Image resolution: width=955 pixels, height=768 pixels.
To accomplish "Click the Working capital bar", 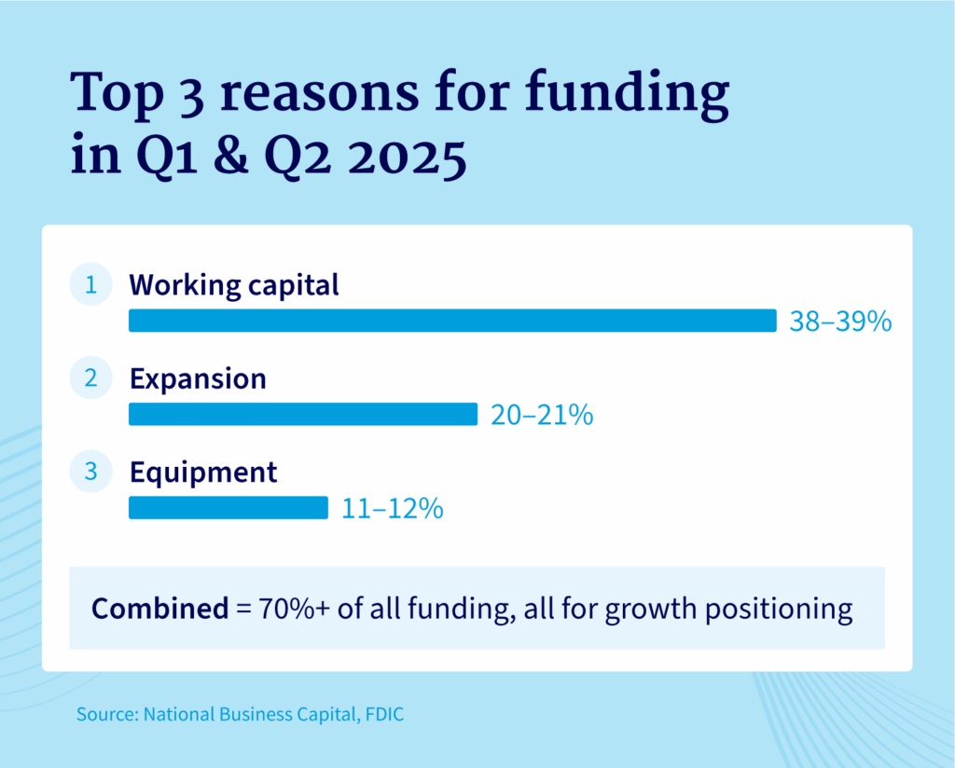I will (x=452, y=321).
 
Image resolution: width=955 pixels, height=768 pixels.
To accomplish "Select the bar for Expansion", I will (x=302, y=414).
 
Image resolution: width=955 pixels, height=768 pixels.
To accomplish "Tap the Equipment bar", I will (x=228, y=507).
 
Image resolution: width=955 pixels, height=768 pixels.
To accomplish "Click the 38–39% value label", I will (x=841, y=322).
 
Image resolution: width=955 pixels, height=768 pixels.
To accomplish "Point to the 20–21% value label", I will (x=542, y=415).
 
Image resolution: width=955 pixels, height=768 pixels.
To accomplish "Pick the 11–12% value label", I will (x=392, y=509).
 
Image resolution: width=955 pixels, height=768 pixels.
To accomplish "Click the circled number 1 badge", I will (x=90, y=285).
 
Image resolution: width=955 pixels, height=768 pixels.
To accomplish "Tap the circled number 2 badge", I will (x=90, y=378).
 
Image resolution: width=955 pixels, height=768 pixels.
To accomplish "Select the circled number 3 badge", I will (x=90, y=472).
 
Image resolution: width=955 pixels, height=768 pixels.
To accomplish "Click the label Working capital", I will (x=234, y=285).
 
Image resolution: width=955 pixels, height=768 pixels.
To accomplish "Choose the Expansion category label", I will (x=198, y=379).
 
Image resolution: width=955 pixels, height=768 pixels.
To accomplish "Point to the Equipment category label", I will (x=203, y=473).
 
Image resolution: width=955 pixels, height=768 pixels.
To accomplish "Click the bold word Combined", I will (x=159, y=609).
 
